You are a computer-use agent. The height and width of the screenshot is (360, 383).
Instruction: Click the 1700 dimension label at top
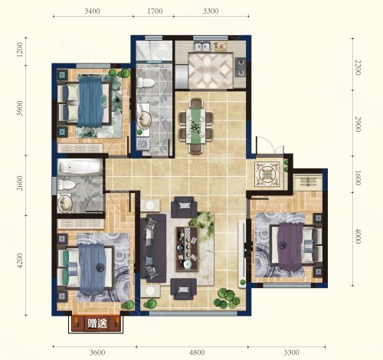155,11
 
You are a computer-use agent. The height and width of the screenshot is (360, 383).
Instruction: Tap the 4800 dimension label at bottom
197,352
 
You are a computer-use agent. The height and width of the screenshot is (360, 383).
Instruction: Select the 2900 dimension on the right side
358,124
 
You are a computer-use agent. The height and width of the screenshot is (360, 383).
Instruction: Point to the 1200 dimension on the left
20,49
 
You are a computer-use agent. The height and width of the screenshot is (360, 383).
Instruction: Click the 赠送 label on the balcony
97,324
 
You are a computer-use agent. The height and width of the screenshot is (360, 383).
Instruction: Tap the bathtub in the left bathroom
80,167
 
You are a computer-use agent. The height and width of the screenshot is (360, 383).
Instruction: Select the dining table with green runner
196,126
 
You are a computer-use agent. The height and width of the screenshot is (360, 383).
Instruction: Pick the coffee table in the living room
187,249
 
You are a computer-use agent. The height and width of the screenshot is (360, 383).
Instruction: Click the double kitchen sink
202,46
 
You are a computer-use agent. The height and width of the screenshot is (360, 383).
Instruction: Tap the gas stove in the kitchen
241,67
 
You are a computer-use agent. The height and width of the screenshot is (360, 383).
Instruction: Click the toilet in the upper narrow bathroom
146,83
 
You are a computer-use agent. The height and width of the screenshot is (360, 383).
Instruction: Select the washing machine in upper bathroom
144,144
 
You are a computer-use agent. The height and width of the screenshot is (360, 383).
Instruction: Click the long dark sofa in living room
153,248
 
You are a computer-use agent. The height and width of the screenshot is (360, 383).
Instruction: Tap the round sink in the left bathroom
65,204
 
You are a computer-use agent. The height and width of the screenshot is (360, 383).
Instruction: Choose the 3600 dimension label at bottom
97,352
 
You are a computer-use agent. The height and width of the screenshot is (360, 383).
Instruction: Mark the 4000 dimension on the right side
358,236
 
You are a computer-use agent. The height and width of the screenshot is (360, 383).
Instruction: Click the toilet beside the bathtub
66,185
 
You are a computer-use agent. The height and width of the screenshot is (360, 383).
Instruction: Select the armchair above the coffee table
184,206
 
